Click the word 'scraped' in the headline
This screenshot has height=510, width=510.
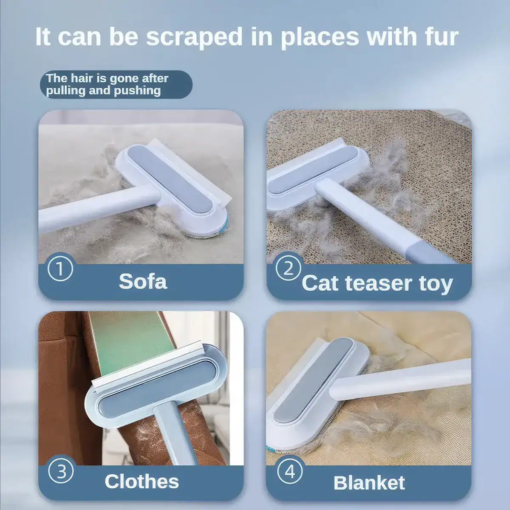[x=194, y=37]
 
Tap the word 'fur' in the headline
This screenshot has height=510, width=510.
[x=438, y=37]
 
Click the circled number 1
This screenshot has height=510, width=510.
[x=60, y=269]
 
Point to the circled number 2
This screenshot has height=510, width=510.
[x=288, y=268]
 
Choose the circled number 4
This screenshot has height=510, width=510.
[x=290, y=471]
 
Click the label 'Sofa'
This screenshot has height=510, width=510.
[x=143, y=281]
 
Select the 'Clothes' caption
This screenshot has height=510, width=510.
[x=142, y=481]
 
